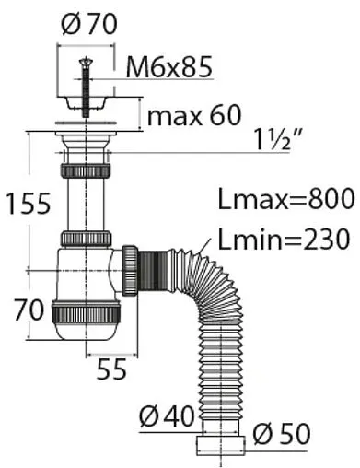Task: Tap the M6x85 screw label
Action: [169, 67]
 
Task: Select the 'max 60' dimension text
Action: [194, 115]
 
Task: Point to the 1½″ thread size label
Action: [277, 139]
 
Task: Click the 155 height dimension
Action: [29, 204]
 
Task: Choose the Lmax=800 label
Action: [286, 199]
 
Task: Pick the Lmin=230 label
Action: [284, 239]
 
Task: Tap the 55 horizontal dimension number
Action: [111, 369]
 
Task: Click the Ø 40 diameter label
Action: [167, 416]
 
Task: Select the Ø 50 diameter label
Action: [282, 433]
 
